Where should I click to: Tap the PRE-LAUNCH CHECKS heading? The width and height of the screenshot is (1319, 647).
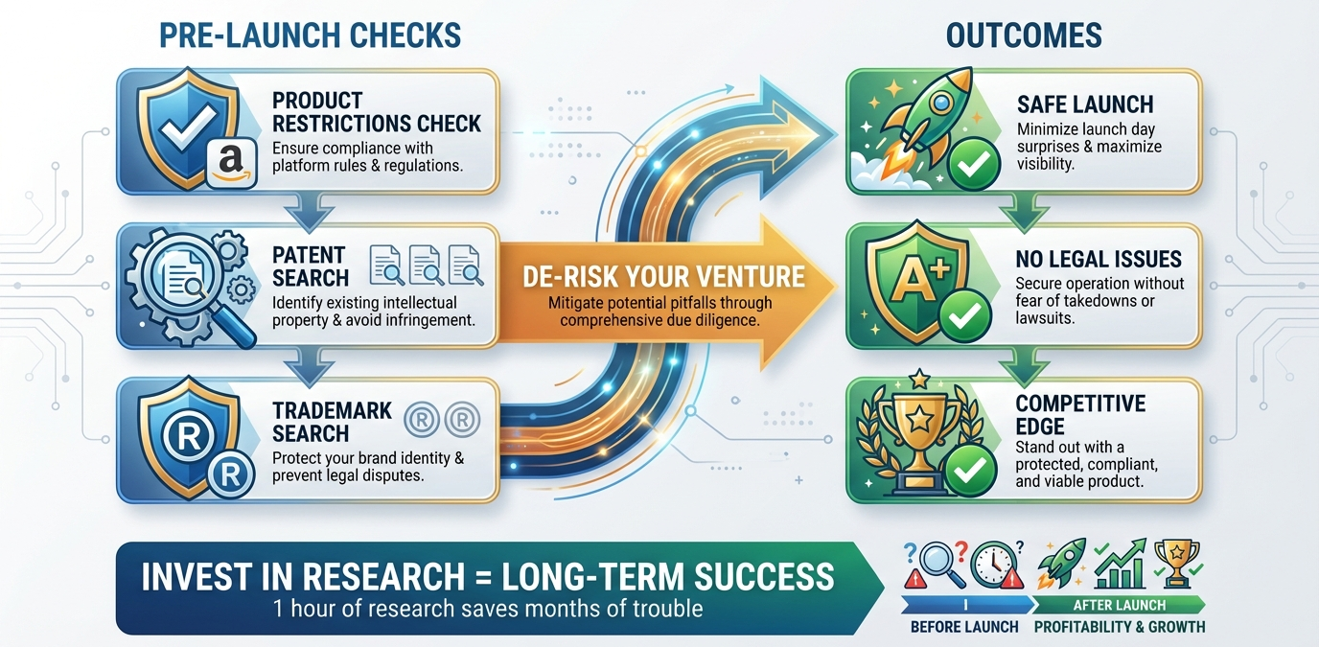309,36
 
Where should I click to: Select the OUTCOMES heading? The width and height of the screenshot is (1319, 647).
1024,36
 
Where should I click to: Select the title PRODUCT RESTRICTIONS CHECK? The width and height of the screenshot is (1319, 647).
376,112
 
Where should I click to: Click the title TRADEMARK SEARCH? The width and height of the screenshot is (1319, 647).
332,422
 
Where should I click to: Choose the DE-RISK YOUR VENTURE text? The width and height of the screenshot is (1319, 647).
663,277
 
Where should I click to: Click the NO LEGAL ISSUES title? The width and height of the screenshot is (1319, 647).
1099,259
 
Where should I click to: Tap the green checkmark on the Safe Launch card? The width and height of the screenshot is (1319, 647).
974,165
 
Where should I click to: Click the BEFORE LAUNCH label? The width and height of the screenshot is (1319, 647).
964,627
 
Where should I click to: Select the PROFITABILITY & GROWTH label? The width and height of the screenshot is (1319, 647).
1119,627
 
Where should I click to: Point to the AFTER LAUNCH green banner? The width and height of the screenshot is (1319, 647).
1119,605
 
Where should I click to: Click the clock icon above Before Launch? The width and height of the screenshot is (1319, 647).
991,564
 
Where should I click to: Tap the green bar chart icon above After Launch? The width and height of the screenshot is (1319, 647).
1121,565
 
